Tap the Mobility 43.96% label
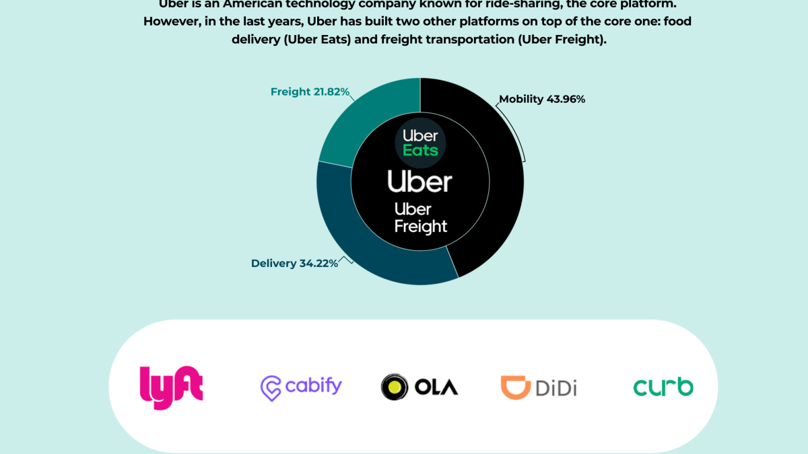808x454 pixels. [x=542, y=100]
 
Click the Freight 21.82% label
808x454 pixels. [x=310, y=91]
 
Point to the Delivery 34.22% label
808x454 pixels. [x=294, y=263]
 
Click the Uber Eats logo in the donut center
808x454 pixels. [x=420, y=141]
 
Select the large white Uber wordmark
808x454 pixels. [x=419, y=182]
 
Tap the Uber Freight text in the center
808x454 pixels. [x=420, y=218]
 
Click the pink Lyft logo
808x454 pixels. [x=171, y=387]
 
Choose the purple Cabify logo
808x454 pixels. [x=301, y=387]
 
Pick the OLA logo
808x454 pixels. [x=419, y=387]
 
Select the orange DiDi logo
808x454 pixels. [x=539, y=387]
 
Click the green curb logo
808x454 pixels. [x=663, y=387]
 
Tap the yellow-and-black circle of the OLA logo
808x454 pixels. [x=394, y=387]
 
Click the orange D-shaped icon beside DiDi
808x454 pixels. [x=514, y=387]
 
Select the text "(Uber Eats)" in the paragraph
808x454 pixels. [x=316, y=40]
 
